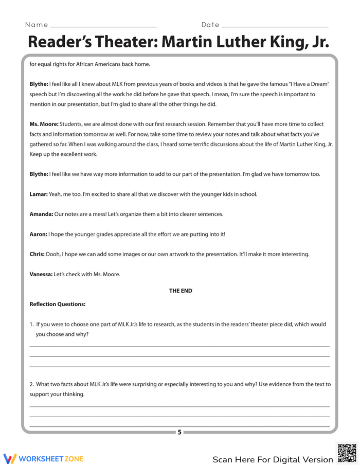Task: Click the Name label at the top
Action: (x=36, y=25)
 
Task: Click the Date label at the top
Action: (x=210, y=25)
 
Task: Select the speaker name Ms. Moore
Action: (x=44, y=124)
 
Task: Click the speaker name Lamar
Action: (x=38, y=194)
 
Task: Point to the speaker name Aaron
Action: (x=39, y=234)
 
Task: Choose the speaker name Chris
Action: (x=37, y=254)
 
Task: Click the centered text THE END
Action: (x=181, y=291)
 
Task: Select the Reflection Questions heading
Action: (x=58, y=304)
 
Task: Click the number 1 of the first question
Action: (x=31, y=325)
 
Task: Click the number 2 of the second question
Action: (x=31, y=384)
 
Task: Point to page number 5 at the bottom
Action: (x=179, y=432)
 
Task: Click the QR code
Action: (x=346, y=453)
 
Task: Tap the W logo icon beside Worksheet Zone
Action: (x=10, y=458)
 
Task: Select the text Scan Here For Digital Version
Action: (x=273, y=459)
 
